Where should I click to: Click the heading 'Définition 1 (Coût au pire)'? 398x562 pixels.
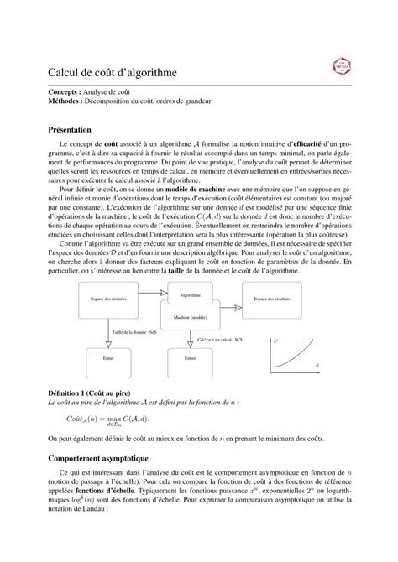tap(92, 393)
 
